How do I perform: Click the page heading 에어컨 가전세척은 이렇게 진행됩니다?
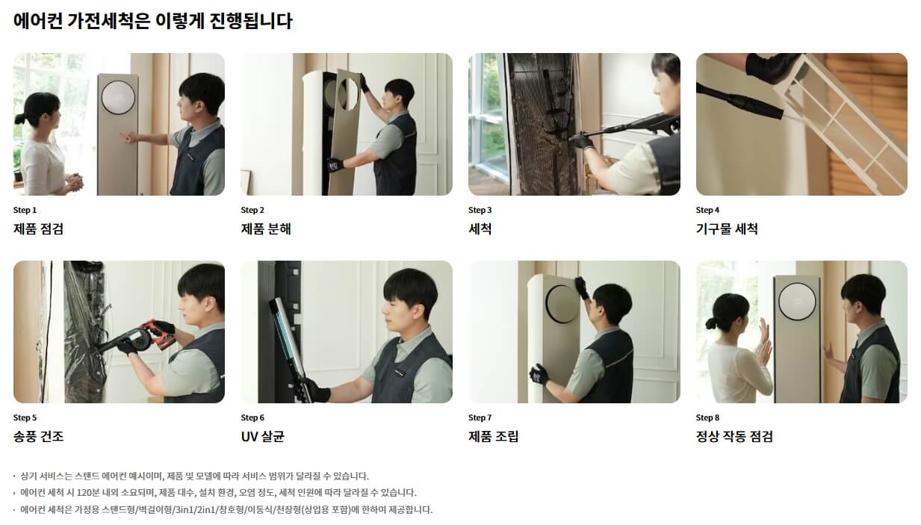click(152, 21)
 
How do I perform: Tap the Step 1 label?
click(25, 210)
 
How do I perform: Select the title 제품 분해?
click(266, 229)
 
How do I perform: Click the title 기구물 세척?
click(727, 229)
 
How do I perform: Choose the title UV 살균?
click(262, 437)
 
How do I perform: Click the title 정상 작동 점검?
click(734, 437)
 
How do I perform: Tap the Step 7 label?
click(480, 417)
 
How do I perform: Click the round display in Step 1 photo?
click(118, 97)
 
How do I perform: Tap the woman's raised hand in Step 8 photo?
click(764, 332)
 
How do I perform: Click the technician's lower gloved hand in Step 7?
click(539, 374)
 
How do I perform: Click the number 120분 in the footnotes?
click(89, 493)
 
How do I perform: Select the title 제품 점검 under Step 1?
click(38, 229)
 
